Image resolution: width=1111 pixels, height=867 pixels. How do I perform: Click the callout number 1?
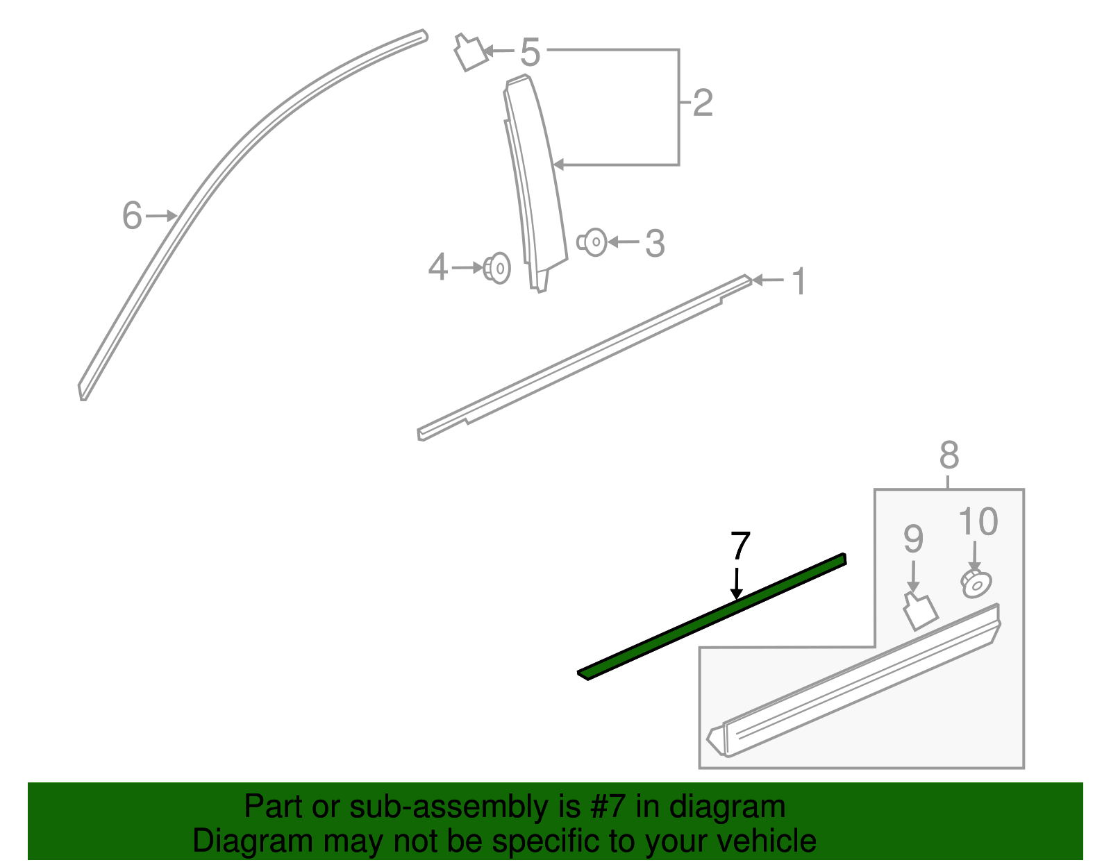(x=799, y=282)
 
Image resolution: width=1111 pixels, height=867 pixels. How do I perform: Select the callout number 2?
(x=703, y=103)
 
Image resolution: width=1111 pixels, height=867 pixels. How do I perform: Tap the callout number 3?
(x=655, y=244)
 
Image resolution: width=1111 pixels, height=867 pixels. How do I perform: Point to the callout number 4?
(x=437, y=267)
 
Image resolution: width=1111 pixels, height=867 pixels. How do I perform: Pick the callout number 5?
(x=530, y=53)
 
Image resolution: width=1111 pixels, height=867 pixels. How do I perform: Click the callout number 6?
(x=132, y=215)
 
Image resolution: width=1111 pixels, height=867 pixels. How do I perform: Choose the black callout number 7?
(x=740, y=546)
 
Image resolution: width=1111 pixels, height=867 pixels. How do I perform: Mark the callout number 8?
(x=949, y=456)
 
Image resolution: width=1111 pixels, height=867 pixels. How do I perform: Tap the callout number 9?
(x=913, y=539)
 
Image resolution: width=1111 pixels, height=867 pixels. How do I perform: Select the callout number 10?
(x=978, y=522)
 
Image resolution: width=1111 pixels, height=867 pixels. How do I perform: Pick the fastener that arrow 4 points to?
(x=497, y=268)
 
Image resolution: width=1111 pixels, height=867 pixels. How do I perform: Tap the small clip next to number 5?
(x=470, y=52)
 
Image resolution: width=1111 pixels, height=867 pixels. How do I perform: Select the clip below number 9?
(x=920, y=611)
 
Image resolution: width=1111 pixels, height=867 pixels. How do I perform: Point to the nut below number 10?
(x=976, y=584)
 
